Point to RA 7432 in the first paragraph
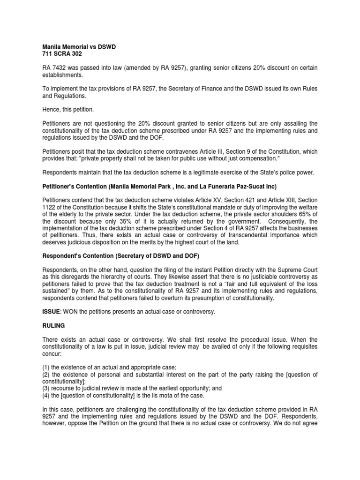pyautogui.click(x=49, y=67)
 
